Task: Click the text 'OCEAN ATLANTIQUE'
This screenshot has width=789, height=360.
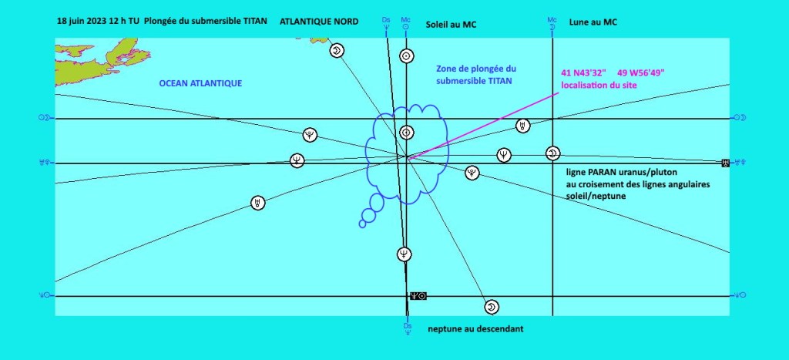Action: [x=200, y=83]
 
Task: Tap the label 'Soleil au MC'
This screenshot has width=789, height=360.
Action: [x=452, y=25]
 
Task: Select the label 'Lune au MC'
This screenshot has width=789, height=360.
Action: [x=593, y=22]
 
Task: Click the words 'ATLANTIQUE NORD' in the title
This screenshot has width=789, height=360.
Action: [x=319, y=22]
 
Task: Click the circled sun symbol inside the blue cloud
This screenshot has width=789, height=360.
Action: [x=406, y=132]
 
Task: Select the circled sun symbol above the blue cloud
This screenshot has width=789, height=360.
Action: [x=406, y=56]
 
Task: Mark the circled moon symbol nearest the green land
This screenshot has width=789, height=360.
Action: [x=337, y=51]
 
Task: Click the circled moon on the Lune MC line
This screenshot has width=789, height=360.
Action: [x=552, y=154]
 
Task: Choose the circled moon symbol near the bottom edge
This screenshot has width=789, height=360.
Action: [x=491, y=308]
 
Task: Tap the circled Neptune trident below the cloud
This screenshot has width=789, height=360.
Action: [x=405, y=254]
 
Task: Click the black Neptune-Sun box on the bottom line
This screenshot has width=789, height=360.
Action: [x=418, y=295]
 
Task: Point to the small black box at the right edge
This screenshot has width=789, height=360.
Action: [x=725, y=163]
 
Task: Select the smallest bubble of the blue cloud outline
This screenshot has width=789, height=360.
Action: [x=363, y=224]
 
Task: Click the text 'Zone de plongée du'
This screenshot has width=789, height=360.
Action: [x=472, y=69]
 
